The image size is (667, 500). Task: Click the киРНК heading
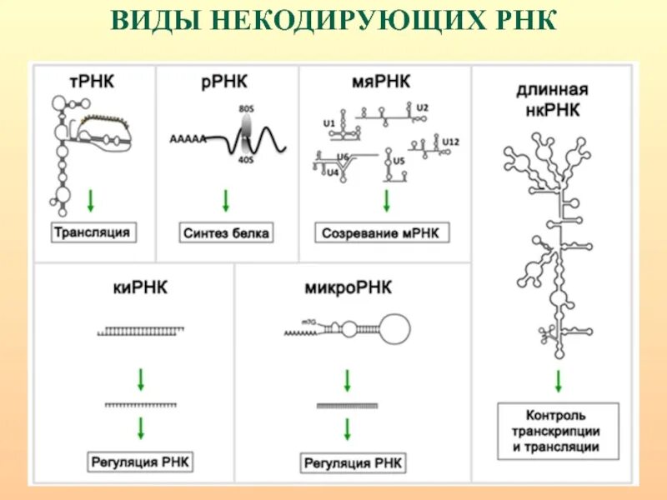[x=140, y=288]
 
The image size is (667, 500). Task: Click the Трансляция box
[x=92, y=232]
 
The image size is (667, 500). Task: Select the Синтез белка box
[x=225, y=233]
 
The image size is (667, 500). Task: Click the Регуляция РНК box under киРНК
[x=140, y=461]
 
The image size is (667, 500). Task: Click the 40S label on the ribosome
[x=245, y=161]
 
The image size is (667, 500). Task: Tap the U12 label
[x=450, y=142]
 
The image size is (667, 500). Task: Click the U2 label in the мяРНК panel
[x=422, y=107]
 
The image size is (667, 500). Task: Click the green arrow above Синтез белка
[x=224, y=201]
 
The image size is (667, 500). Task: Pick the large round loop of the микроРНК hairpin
[x=395, y=328]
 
